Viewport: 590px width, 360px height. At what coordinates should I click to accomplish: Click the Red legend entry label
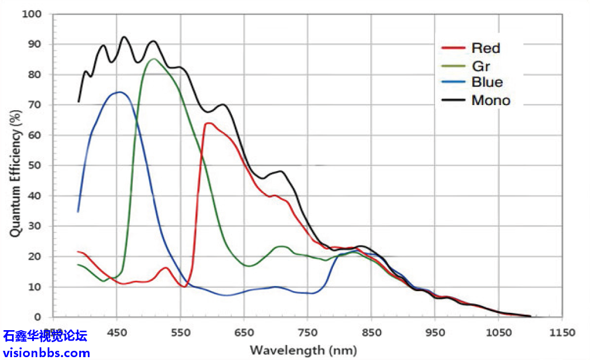pyautogui.click(x=486, y=48)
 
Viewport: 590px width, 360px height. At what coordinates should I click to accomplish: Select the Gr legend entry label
pyautogui.click(x=480, y=65)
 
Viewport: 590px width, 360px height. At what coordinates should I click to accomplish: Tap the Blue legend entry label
pyautogui.click(x=487, y=83)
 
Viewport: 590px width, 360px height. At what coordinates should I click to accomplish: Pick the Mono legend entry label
pyautogui.click(x=491, y=100)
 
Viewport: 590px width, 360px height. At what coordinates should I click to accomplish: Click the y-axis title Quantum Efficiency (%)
pyautogui.click(x=15, y=167)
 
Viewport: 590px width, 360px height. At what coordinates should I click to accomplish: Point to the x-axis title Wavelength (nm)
pyautogui.click(x=303, y=350)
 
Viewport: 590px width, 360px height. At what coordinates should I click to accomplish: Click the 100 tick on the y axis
pyautogui.click(x=32, y=13)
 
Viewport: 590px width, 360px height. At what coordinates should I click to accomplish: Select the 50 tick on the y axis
pyautogui.click(x=35, y=165)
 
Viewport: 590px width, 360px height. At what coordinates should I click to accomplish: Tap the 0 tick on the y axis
pyautogui.click(x=38, y=317)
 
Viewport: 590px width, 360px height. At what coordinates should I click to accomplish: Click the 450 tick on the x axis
pyautogui.click(x=117, y=332)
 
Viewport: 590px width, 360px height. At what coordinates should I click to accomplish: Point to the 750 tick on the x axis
pyautogui.click(x=308, y=332)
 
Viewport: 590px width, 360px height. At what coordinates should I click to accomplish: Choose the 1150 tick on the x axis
pyautogui.click(x=562, y=332)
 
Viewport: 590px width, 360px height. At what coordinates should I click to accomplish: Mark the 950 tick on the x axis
pyautogui.click(x=435, y=332)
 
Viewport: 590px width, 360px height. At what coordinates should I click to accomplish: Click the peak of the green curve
pyautogui.click(x=153, y=59)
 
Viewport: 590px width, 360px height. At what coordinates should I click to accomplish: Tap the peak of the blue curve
pyautogui.click(x=119, y=92)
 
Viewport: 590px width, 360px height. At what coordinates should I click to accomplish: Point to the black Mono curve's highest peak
pyautogui.click(x=124, y=37)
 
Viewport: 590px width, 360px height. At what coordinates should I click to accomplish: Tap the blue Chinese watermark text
pyautogui.click(x=45, y=336)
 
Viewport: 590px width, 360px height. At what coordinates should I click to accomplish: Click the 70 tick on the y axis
pyautogui.click(x=35, y=104)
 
